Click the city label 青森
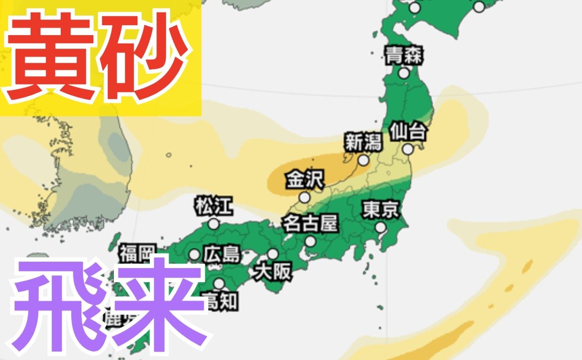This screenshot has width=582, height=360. pyautogui.click(x=404, y=56)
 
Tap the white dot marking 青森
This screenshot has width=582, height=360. pyautogui.click(x=404, y=73)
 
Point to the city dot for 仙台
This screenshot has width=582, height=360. pyautogui.click(x=408, y=149)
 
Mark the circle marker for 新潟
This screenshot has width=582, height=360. pyautogui.click(x=363, y=161)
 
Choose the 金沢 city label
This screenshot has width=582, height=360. pyautogui.click(x=305, y=180)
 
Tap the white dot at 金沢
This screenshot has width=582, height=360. pyautogui.click(x=305, y=197)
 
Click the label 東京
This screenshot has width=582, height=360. pyautogui.click(x=381, y=210)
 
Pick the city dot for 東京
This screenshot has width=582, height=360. pyautogui.click(x=381, y=227)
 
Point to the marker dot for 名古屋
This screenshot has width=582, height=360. pyautogui.click(x=311, y=242)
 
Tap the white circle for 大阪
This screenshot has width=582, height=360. pyautogui.click(x=272, y=254)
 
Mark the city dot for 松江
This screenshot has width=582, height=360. pyautogui.click(x=214, y=224)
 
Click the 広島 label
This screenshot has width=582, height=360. pyautogui.click(x=222, y=255)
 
